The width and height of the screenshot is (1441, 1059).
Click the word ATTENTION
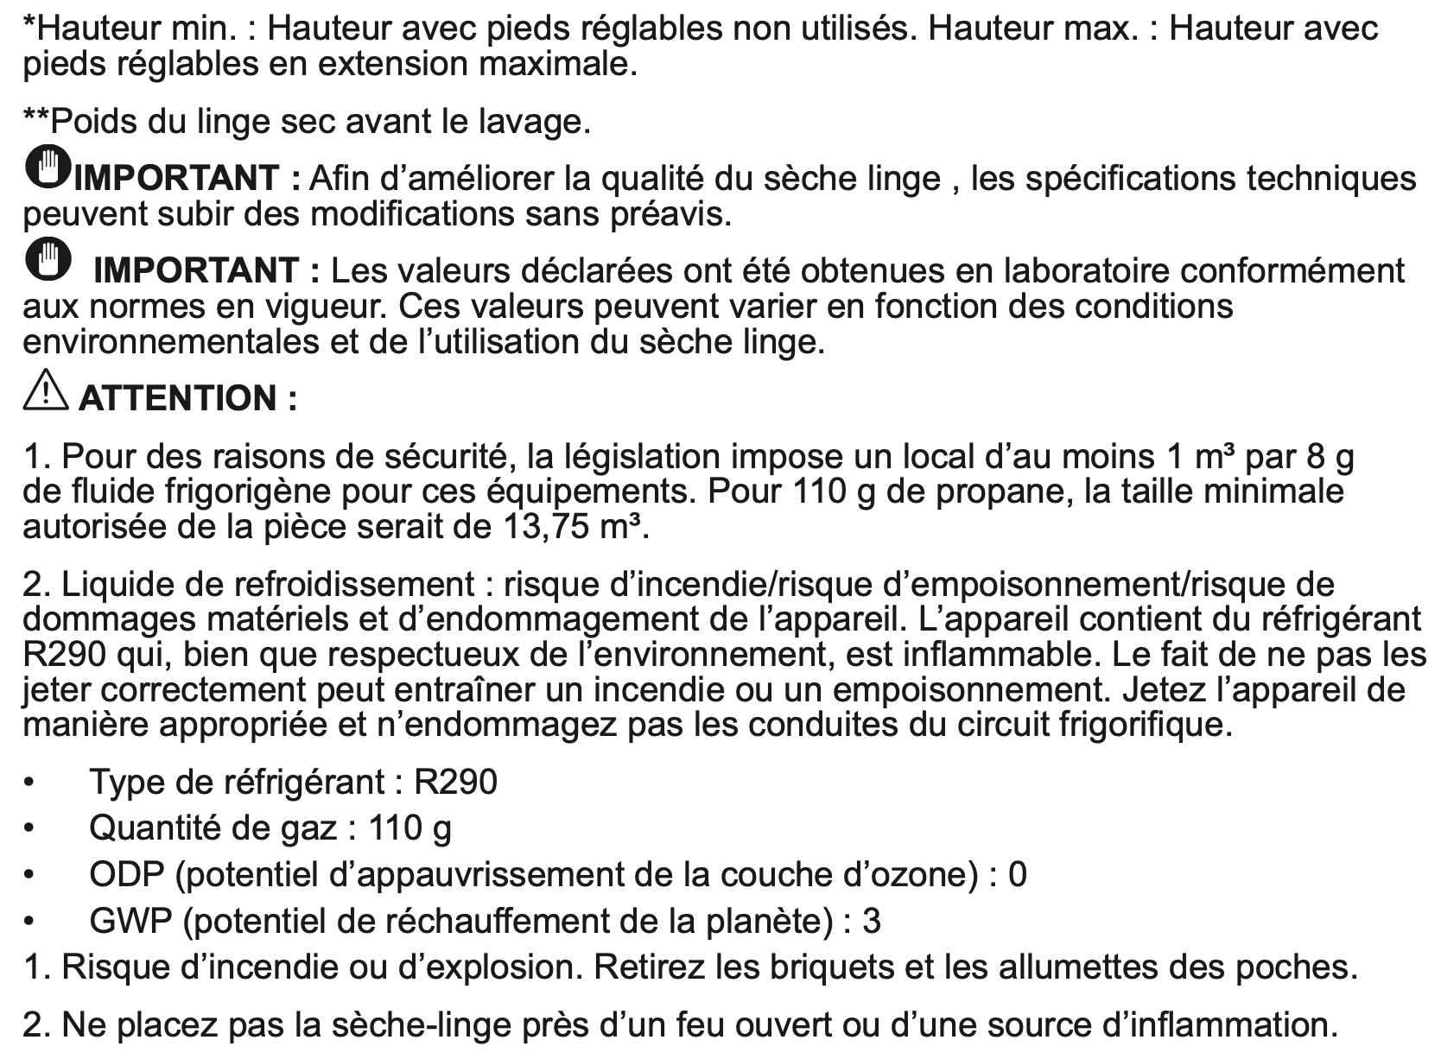[177, 398]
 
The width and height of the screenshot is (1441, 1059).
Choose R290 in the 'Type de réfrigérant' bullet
[455, 782]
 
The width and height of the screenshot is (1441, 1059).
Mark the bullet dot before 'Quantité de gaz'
[30, 828]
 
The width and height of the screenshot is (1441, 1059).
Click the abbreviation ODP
[126, 874]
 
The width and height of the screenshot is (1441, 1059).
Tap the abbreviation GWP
[130, 921]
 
